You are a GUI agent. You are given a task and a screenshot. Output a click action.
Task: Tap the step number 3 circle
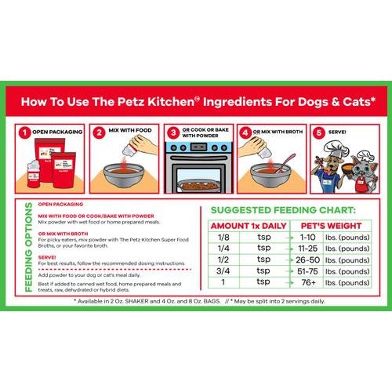[x=172, y=133]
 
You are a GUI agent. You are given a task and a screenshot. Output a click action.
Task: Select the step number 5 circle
[x=318, y=133]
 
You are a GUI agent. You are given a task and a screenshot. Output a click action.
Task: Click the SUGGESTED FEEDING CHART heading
[x=288, y=210]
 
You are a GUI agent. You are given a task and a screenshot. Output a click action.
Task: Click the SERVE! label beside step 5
[x=343, y=133]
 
